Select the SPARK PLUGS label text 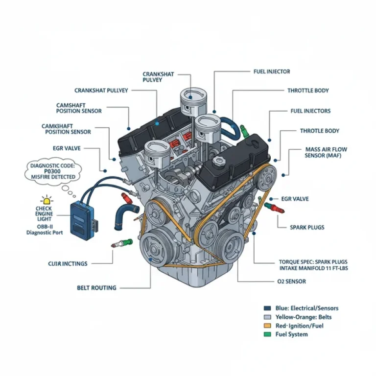point(307,227)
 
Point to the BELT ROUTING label point(96,287)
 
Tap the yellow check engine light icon point(47,200)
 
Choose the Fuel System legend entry point(292,334)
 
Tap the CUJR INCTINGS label point(68,264)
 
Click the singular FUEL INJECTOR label point(271,71)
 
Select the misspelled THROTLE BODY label point(319,131)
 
